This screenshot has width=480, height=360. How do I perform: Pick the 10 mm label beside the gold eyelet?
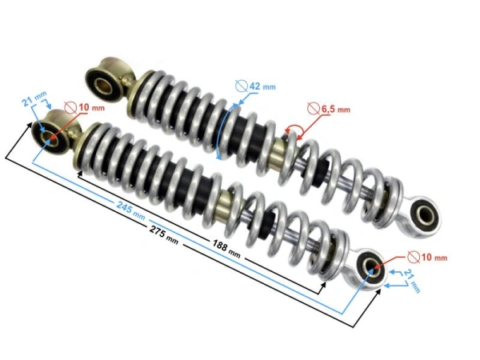pos(92,108)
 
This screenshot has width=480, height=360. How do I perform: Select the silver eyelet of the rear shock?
pos(421,213)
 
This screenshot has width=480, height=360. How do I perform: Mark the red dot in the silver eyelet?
pos(374,271)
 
